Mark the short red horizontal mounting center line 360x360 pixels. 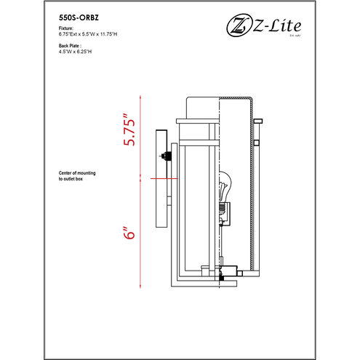(x=161, y=179)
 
